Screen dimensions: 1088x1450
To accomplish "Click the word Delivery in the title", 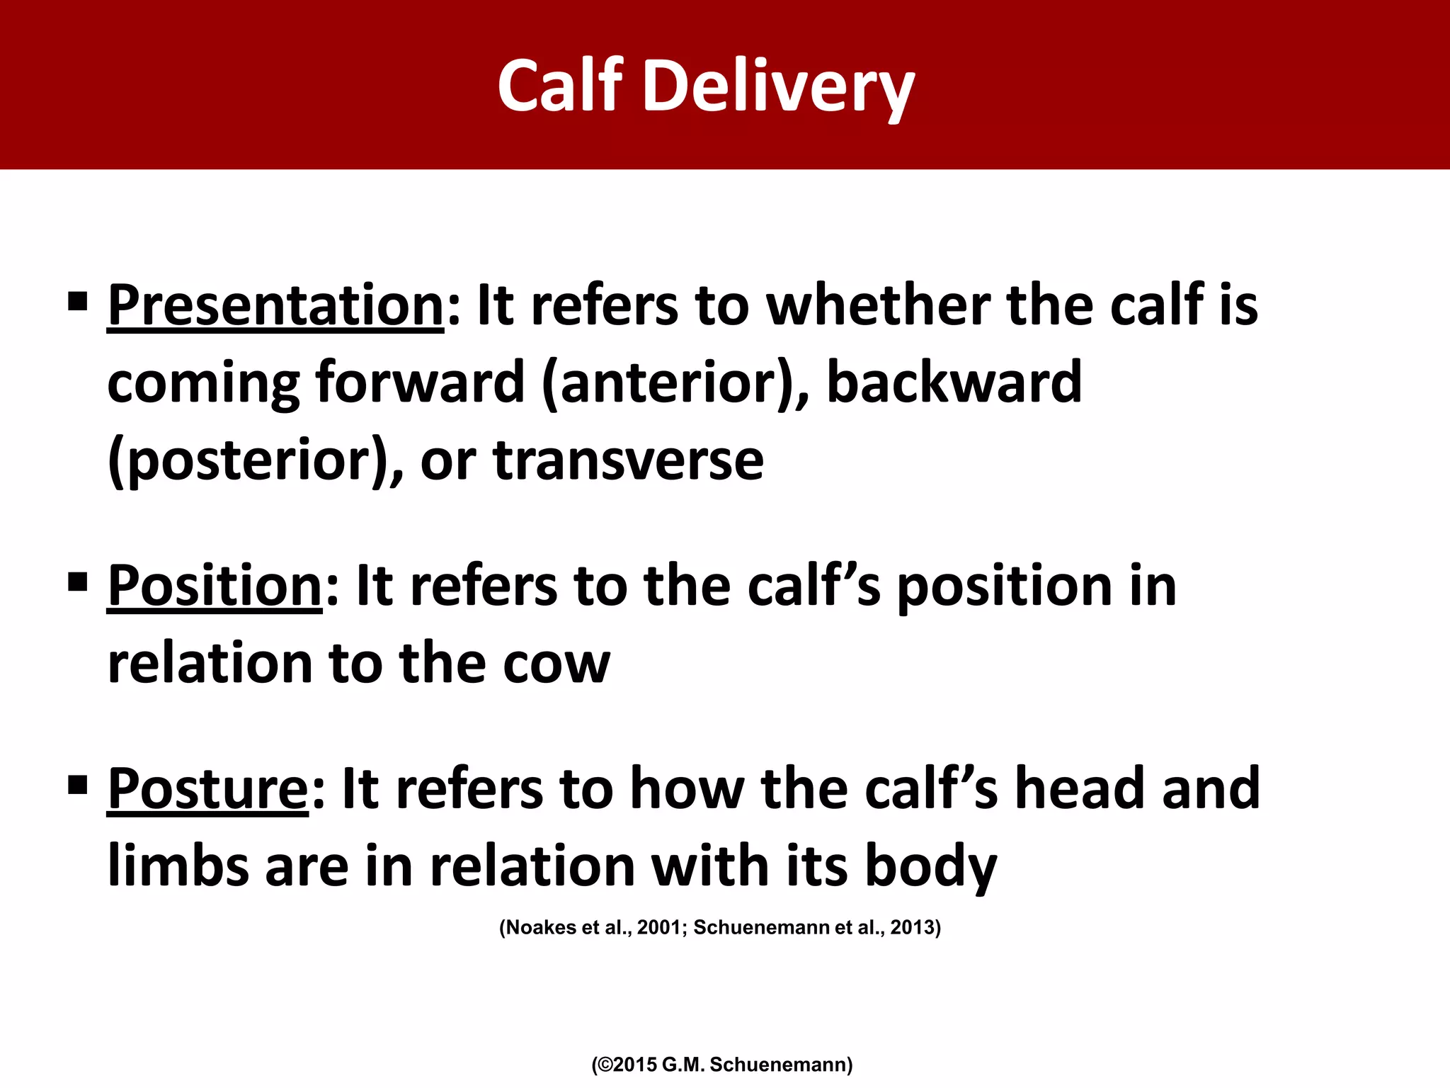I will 778,86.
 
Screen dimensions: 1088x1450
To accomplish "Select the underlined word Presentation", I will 275,305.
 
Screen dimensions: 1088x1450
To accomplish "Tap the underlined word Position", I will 215,586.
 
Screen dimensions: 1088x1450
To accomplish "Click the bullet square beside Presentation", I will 77,302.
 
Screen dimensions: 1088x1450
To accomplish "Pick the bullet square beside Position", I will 77,582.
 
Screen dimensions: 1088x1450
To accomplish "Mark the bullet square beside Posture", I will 77,785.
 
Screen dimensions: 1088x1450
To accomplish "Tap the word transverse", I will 628,460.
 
